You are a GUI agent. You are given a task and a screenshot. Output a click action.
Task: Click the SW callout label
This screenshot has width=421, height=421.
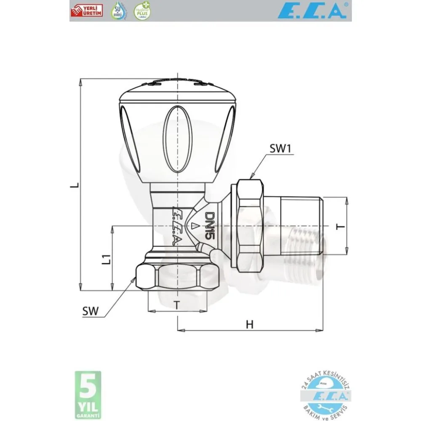pyautogui.click(x=91, y=311)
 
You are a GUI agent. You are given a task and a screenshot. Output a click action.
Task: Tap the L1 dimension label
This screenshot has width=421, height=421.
pyautogui.click(x=107, y=258)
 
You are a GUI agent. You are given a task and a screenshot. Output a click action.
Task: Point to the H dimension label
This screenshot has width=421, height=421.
pyautogui.click(x=250, y=324)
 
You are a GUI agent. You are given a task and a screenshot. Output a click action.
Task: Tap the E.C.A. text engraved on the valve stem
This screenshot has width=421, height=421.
pyautogui.click(x=177, y=226)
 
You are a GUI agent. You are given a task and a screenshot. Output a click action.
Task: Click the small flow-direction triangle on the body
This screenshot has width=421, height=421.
pyautogui.click(x=194, y=226)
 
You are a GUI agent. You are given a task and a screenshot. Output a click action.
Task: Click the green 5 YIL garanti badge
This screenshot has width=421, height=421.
pyautogui.click(x=88, y=394)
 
